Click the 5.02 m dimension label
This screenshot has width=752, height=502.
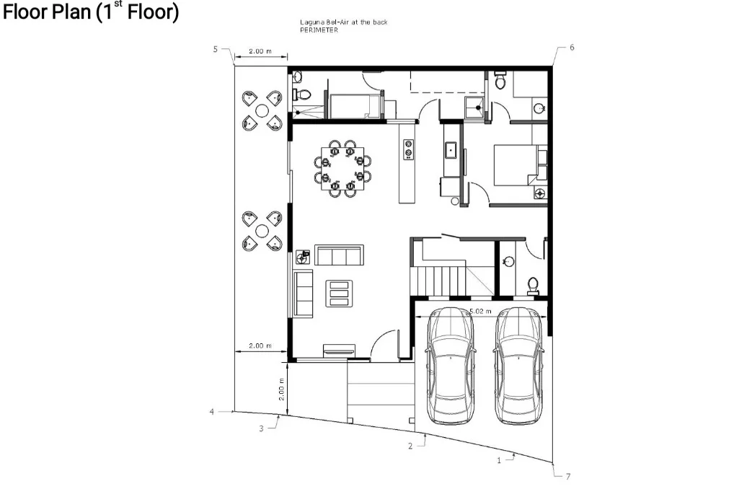(480, 312)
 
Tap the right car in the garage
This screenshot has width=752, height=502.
(518, 366)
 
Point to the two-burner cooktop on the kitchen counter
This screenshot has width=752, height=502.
(408, 149)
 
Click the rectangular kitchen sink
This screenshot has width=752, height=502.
(452, 150)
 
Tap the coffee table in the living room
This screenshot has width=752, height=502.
(338, 294)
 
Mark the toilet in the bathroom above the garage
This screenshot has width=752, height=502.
(533, 286)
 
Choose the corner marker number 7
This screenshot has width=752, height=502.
(567, 477)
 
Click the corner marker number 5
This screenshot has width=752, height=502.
(215, 49)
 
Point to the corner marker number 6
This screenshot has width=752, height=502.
(572, 47)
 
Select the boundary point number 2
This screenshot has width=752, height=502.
(410, 446)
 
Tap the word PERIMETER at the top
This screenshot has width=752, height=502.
(319, 30)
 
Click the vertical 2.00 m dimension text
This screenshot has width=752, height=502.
(283, 389)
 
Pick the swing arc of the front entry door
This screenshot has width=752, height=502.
(387, 340)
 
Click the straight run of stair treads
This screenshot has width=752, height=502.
(437, 279)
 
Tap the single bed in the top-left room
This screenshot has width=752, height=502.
(354, 106)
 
